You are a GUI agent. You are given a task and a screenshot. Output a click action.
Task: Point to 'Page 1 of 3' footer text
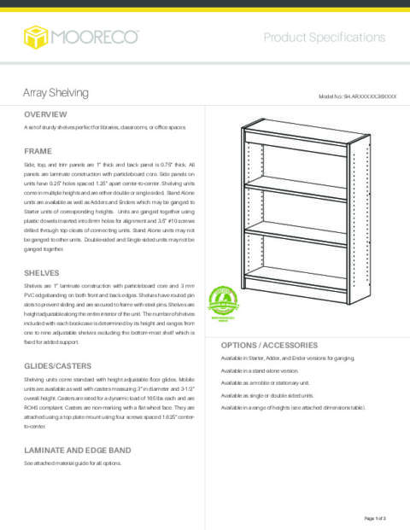point(375,518)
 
